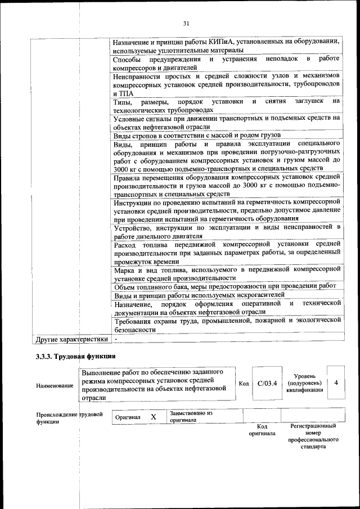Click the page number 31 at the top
tap(186, 23)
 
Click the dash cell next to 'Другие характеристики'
tap(116, 340)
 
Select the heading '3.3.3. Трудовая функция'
tap(75, 357)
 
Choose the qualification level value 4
tap(336, 382)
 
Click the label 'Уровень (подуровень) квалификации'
tap(304, 383)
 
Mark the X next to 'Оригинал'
tap(153, 417)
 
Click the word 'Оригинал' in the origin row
tap(128, 417)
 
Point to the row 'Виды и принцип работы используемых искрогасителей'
tap(199, 295)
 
